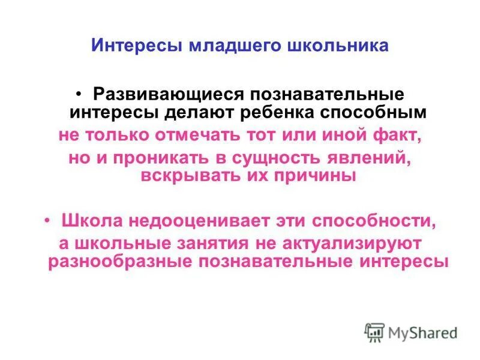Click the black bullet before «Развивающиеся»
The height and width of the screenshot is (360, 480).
click(x=80, y=95)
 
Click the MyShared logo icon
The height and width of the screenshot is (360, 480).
click(x=374, y=332)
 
